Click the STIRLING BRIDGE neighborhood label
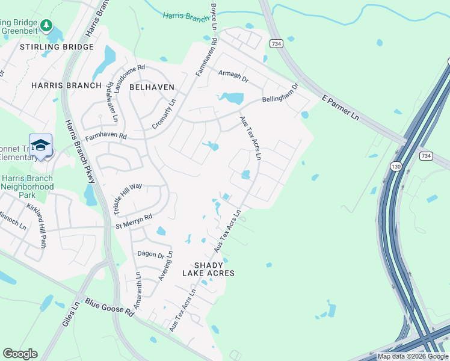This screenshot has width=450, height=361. (x=57, y=47)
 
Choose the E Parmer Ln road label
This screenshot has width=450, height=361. (x=340, y=108)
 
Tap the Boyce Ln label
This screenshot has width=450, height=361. (x=214, y=16)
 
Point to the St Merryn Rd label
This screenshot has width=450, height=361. (x=134, y=221)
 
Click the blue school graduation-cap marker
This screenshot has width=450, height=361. (x=40, y=145)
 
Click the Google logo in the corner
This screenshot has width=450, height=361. (x=20, y=354)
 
